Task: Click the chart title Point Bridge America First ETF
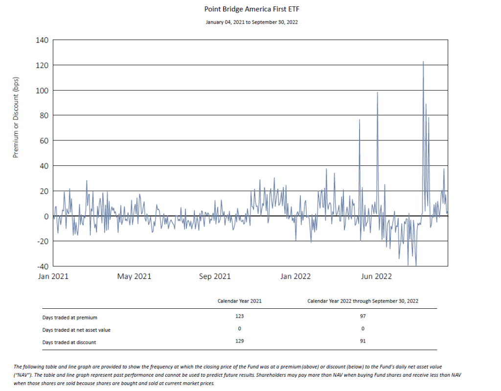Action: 250,9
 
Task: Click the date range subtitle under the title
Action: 250,22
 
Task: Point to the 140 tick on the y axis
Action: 42,40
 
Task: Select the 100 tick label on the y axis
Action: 42,91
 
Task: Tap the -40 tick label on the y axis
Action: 42,267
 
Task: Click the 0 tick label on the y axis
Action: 46,216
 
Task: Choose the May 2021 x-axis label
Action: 134,276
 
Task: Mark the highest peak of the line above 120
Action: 423,62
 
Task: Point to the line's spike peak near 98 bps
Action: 377,92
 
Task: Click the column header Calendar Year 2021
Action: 239,301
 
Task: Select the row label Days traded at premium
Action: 69,318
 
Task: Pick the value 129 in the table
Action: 239,341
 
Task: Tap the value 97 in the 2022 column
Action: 363,316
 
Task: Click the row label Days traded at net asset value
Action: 76,330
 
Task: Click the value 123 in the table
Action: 239,316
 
